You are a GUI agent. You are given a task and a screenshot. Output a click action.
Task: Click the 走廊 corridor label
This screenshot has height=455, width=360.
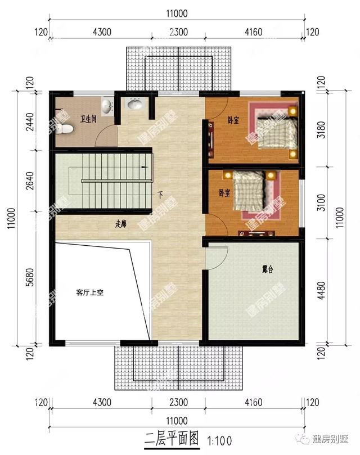(x=120, y=223)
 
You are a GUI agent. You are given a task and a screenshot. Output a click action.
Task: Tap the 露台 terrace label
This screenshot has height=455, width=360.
(x=268, y=270)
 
